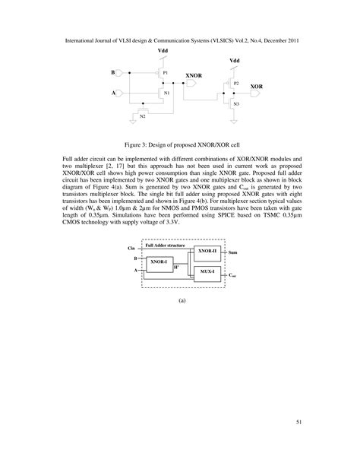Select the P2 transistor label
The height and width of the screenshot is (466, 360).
click(x=236, y=81)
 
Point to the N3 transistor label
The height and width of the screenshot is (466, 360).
click(x=236, y=103)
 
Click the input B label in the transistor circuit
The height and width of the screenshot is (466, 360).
click(x=113, y=73)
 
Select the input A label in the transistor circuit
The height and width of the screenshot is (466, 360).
click(x=113, y=93)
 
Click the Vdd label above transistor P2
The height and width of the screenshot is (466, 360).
click(x=234, y=59)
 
